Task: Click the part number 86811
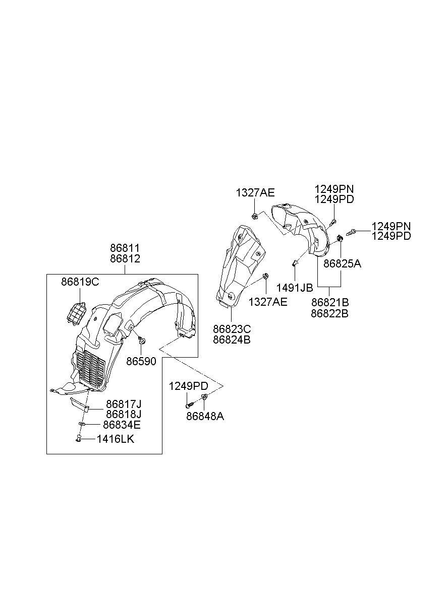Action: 125,248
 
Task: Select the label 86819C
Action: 80,282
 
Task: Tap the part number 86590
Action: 141,361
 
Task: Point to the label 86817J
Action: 123,403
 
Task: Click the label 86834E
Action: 122,425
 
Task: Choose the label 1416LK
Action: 116,439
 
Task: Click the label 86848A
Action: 205,417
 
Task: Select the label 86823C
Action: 232,328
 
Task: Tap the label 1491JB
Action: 295,288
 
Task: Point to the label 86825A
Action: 342,263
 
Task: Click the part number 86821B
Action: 330,302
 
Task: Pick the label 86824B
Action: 232,339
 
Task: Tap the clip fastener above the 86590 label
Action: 141,341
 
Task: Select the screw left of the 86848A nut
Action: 188,404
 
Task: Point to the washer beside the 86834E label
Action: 82,425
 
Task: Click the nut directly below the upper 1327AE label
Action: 255,216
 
